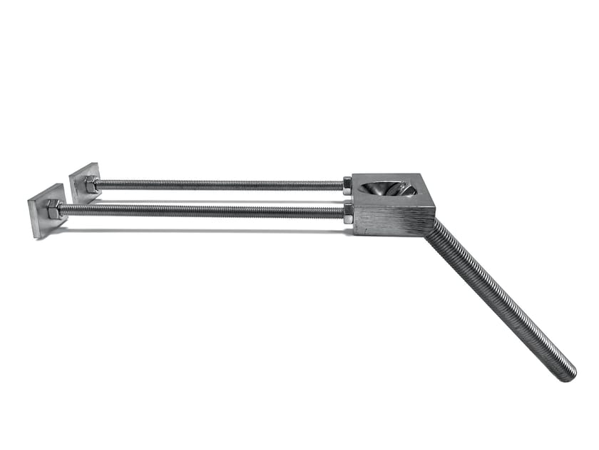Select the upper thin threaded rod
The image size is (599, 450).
(x=214, y=184)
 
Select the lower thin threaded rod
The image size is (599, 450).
(x=200, y=211)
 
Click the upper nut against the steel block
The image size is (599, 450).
(x=347, y=184)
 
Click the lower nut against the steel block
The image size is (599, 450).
(x=348, y=212)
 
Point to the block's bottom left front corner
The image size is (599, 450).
(x=355, y=234)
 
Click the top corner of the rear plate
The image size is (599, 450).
(x=95, y=164)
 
